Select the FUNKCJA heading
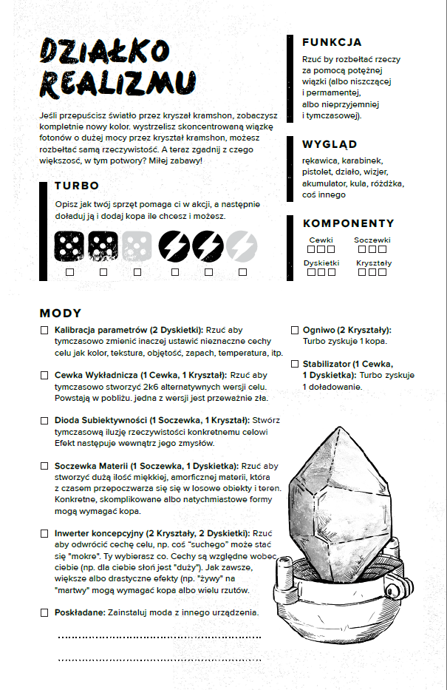pos(332,42)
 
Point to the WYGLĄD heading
pos(330,144)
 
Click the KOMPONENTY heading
pos(348,223)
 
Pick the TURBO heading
pos(77,186)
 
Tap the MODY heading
pos(61,314)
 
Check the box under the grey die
pos(137,272)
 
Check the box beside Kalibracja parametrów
pos(45,330)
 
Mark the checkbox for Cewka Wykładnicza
pos(45,376)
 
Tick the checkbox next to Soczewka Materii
pos(45,467)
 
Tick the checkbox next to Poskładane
pos(45,612)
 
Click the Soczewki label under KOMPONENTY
pos(372,240)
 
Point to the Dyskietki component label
pos(321,263)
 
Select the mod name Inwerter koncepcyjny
pos(99,532)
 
